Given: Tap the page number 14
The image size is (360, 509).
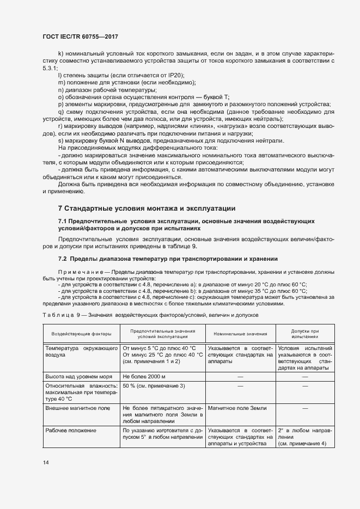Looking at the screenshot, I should click(45, 462).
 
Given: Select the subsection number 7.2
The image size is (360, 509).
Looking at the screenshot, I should click(63, 258).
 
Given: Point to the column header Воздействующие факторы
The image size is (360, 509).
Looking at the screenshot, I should click(81, 333).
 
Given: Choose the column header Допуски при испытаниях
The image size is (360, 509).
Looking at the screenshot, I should click(304, 333).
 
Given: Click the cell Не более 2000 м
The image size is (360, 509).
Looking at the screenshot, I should click(144, 376).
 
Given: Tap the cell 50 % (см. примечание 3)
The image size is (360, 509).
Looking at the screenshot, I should click(154, 385).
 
